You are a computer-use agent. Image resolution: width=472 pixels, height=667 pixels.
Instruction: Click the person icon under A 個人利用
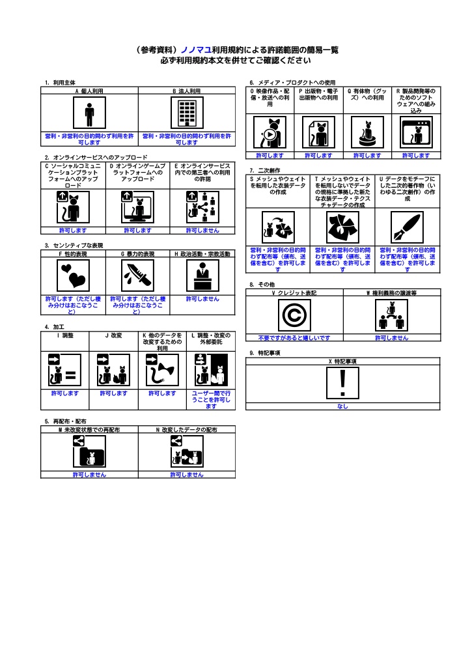point(89,113)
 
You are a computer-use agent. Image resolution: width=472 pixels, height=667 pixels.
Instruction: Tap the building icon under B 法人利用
point(187,113)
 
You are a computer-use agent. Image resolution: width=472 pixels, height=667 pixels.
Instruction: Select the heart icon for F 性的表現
point(73,276)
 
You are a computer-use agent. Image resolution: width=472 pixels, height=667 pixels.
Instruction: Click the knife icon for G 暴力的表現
point(138,276)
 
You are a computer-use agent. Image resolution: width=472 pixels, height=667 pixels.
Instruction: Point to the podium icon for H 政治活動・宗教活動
point(203,276)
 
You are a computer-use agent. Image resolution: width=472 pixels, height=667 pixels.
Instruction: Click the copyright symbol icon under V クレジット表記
point(294,315)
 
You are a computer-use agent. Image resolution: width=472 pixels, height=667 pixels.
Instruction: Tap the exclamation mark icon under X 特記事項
point(342,383)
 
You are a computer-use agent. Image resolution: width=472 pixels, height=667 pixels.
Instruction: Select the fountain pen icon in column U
point(408,227)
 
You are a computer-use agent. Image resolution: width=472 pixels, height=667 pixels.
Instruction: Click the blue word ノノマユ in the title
point(197,50)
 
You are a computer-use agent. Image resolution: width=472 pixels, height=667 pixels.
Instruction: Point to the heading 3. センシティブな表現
point(74,246)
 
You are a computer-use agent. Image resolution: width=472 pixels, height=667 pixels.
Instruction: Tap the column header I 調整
point(65,335)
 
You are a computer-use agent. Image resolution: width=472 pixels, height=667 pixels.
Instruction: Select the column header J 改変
point(113,335)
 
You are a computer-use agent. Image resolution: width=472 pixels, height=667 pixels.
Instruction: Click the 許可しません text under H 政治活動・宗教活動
point(203,299)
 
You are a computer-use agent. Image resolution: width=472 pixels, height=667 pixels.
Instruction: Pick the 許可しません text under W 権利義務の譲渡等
point(392,338)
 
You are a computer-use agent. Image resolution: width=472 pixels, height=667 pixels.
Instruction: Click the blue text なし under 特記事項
point(342,406)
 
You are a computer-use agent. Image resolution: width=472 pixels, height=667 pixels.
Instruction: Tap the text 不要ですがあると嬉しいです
point(294,338)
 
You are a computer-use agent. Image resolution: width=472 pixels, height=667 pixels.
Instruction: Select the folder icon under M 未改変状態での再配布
point(89,452)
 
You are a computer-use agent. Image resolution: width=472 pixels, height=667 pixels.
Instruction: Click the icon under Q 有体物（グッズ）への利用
point(367,133)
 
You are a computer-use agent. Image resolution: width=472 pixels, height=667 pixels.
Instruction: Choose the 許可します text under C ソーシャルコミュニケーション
point(73,231)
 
